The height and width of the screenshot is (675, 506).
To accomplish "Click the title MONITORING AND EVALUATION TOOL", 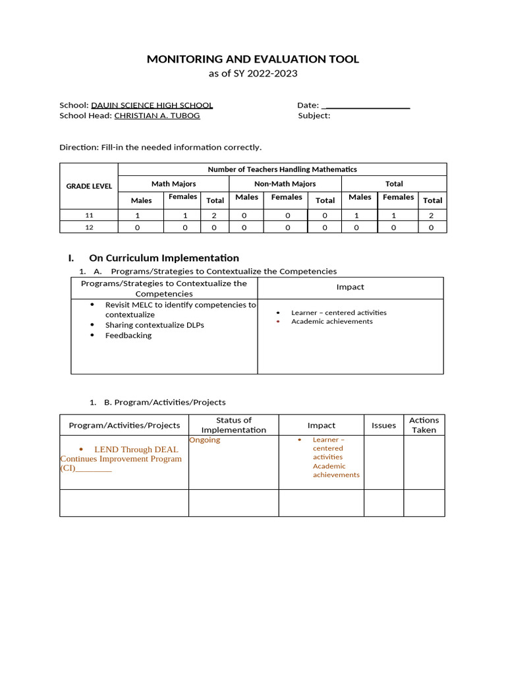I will (x=253, y=59).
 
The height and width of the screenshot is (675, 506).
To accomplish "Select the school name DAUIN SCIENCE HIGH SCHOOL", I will (x=152, y=105).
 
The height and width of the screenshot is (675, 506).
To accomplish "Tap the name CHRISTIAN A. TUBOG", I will (x=157, y=115).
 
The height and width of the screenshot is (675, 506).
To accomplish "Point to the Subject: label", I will (x=314, y=115).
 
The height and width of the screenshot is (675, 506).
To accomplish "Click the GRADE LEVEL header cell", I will (x=89, y=186).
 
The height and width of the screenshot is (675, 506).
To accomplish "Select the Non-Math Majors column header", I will (x=285, y=184).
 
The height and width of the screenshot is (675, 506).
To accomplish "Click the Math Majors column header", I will (x=173, y=184).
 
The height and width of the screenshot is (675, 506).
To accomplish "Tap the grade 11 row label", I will (x=89, y=215).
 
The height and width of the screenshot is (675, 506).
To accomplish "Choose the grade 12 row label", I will (x=89, y=227).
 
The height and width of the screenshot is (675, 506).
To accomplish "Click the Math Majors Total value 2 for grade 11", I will (x=215, y=215).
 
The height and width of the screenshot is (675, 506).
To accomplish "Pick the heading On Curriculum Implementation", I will (x=163, y=258).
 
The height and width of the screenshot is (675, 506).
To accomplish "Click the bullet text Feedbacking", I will (x=128, y=336).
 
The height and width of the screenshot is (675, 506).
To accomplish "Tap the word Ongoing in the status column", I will (x=205, y=440).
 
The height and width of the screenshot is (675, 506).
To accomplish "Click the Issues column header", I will (x=383, y=425).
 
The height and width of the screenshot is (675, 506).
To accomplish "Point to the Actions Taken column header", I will (x=424, y=425).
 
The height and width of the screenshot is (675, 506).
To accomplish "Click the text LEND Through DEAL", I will (x=136, y=450).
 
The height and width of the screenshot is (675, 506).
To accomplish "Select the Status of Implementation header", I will (x=234, y=425).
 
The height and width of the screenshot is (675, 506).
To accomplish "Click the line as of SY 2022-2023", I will (x=253, y=73).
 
